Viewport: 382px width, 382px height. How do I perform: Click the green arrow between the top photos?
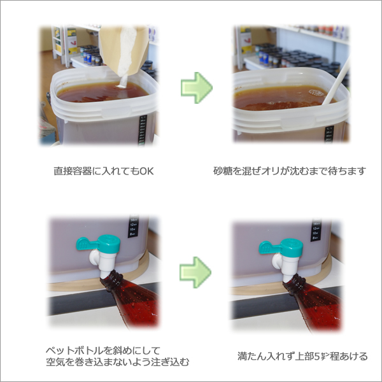click(x=197, y=88)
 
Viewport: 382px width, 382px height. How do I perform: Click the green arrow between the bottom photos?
click(x=195, y=272)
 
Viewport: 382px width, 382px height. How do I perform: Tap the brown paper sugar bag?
click(x=124, y=50)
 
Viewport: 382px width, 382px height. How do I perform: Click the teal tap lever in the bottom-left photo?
click(x=88, y=244)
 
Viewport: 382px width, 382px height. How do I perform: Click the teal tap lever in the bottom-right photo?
click(x=271, y=246)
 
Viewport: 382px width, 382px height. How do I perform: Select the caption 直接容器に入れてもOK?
click(x=104, y=171)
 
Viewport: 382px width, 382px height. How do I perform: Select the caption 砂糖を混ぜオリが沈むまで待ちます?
click(x=290, y=171)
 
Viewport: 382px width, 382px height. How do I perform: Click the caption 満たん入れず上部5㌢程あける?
click(x=302, y=356)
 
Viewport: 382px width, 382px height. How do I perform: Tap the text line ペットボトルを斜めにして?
click(x=103, y=351)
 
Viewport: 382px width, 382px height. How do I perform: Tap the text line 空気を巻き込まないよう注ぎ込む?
click(x=117, y=362)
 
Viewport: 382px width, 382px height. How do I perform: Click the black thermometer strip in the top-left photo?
click(x=143, y=131)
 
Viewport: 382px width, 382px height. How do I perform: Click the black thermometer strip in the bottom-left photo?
click(x=134, y=226)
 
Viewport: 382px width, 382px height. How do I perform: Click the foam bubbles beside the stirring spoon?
click(x=316, y=93)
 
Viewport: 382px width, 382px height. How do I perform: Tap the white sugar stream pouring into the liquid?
click(x=124, y=80)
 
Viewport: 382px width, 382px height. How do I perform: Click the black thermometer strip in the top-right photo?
click(x=329, y=134)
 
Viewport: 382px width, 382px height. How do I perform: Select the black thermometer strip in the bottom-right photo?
click(x=316, y=230)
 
